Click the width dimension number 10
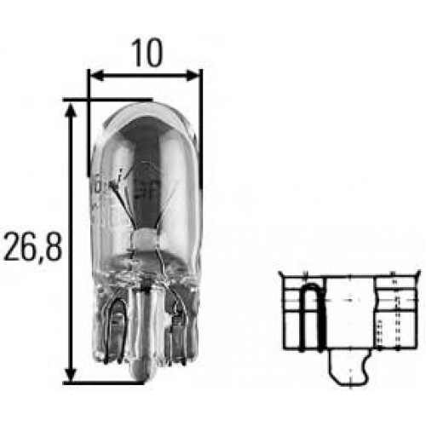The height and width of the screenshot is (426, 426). pos(147,53)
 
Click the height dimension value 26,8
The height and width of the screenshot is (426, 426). pos(32,246)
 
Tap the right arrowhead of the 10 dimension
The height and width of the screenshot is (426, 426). pos(193,76)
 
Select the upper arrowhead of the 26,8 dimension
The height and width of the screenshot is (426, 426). pos(71,111)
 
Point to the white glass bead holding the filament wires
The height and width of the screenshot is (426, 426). pos(144,239)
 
